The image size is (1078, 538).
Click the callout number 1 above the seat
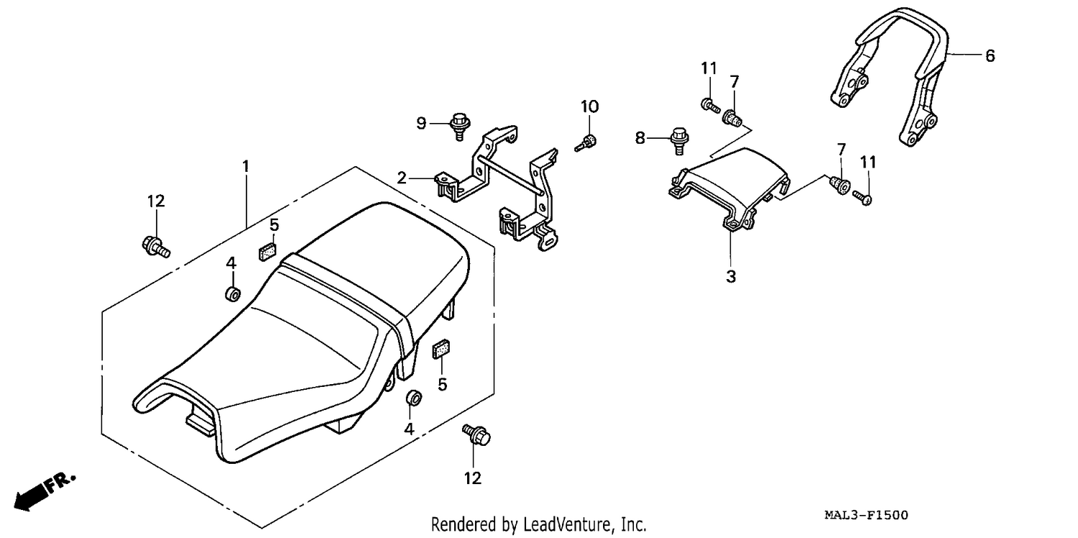[x=246, y=167]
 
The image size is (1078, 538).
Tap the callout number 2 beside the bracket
[x=402, y=178]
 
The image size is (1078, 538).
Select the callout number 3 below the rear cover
[x=731, y=276]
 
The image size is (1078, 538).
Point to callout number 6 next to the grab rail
[x=990, y=56]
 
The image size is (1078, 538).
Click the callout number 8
[x=640, y=138]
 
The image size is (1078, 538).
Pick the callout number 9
[x=421, y=124]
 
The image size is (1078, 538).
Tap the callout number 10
[x=589, y=106]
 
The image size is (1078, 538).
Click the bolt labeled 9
[x=460, y=126]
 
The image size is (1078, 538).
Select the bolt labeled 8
[x=679, y=141]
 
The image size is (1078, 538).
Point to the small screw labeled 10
[x=586, y=144]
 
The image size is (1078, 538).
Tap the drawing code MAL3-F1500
[x=866, y=516]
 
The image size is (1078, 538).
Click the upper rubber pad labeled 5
[x=267, y=252]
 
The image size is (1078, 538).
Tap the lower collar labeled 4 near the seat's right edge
[x=414, y=398]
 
